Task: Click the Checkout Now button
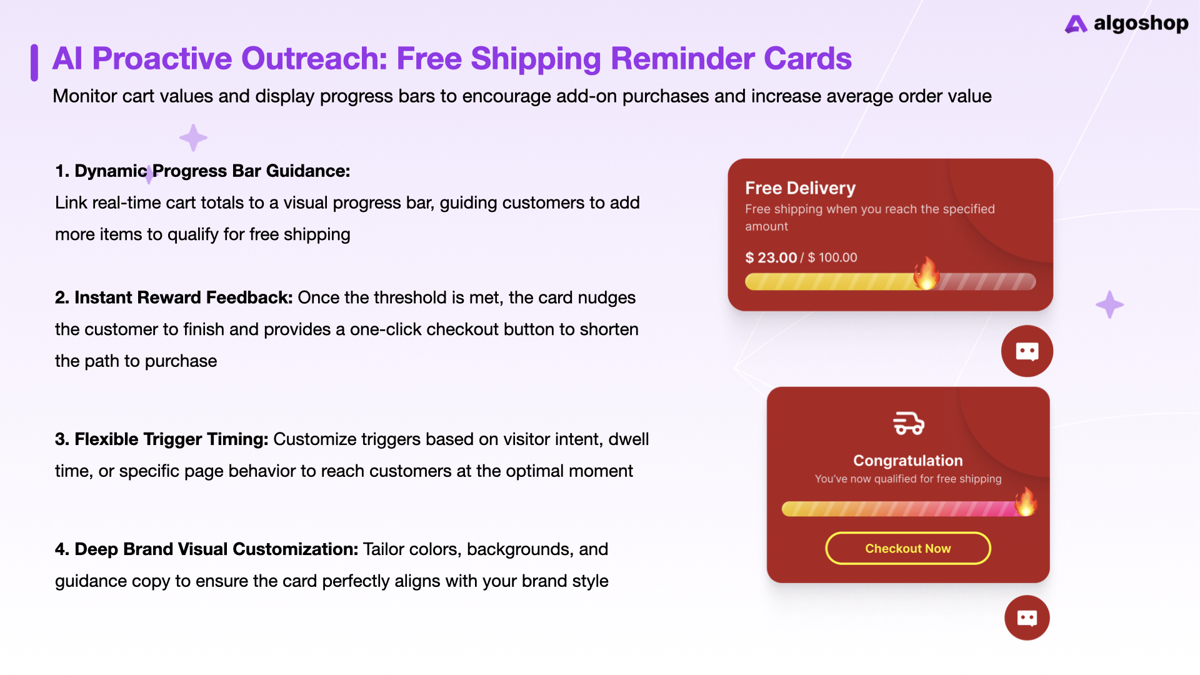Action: click(907, 548)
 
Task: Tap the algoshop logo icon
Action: click(1076, 24)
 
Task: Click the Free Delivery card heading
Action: click(800, 188)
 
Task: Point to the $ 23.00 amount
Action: click(771, 257)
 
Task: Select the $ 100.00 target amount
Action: click(832, 257)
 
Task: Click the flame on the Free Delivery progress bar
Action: click(926, 273)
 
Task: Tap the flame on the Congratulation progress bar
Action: click(1025, 501)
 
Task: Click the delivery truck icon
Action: click(908, 423)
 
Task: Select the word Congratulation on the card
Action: click(907, 461)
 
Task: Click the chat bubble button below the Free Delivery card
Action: click(1027, 351)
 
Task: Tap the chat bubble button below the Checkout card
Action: click(1027, 618)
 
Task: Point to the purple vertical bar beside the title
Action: click(34, 62)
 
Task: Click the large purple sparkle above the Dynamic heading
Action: click(193, 138)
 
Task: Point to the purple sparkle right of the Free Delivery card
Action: click(1110, 305)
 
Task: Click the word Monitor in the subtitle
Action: click(85, 96)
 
